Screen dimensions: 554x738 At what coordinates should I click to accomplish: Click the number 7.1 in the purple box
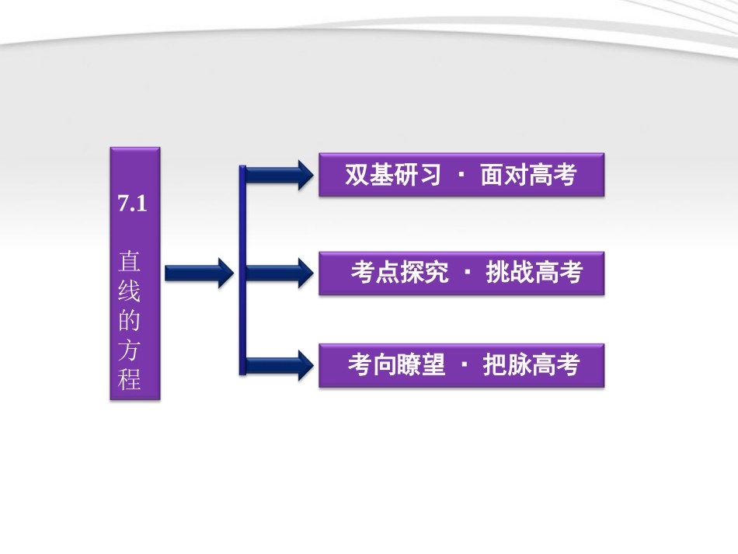pos(132,205)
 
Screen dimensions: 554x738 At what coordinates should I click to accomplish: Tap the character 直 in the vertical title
pos(131,260)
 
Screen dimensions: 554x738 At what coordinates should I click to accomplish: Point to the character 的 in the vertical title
pos(131,322)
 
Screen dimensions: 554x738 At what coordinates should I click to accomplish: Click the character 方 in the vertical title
pos(131,351)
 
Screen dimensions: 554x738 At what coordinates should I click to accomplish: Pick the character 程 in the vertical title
pos(131,381)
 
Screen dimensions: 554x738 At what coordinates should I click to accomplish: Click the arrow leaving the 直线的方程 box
pos(198,273)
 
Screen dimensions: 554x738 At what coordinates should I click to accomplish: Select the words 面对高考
pos(528,176)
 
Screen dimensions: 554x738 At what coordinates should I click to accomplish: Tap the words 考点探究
pos(399,273)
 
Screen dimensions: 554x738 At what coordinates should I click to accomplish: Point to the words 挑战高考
pos(534,273)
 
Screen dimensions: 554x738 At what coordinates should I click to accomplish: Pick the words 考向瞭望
pos(396,364)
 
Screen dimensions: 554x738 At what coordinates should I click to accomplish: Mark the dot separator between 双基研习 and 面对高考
pos(461,176)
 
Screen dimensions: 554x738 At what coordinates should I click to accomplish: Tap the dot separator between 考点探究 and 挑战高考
pos(467,273)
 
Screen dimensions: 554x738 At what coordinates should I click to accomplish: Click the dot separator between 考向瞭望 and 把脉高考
pos(465,364)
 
